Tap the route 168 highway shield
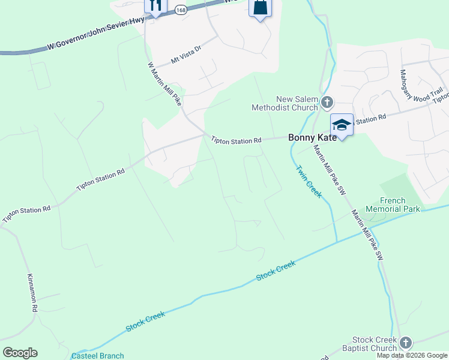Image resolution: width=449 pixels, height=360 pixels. [x=180, y=10]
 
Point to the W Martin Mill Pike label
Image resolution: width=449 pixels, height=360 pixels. [x=164, y=88]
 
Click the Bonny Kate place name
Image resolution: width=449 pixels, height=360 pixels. [x=309, y=137]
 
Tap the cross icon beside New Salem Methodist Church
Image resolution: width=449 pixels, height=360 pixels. [x=327, y=103]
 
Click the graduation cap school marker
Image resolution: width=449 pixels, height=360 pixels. [x=342, y=125]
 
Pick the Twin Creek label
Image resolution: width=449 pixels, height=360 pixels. [x=309, y=181]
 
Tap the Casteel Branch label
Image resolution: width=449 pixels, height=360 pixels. [x=97, y=356]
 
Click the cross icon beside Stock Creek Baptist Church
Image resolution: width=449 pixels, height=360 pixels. [x=406, y=343]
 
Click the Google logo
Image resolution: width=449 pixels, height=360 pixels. [x=20, y=353]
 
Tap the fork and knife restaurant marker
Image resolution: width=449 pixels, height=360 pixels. [x=155, y=6]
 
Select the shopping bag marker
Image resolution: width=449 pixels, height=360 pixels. [x=260, y=8]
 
